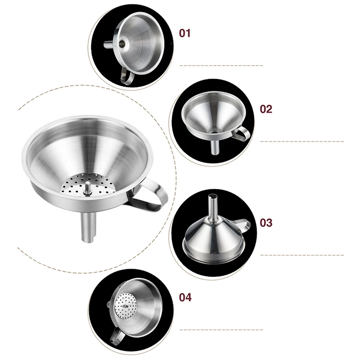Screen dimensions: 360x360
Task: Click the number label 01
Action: (x=185, y=33)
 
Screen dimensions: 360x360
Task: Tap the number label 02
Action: (x=266, y=109)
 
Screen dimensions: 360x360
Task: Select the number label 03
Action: (x=266, y=222)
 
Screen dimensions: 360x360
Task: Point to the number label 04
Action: (x=185, y=297)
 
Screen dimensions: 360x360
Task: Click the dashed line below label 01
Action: (x=221, y=66)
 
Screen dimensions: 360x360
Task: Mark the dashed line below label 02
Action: (x=301, y=142)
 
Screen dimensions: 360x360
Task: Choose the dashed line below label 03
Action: (x=301, y=255)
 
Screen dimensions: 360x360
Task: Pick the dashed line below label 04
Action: (x=221, y=330)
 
